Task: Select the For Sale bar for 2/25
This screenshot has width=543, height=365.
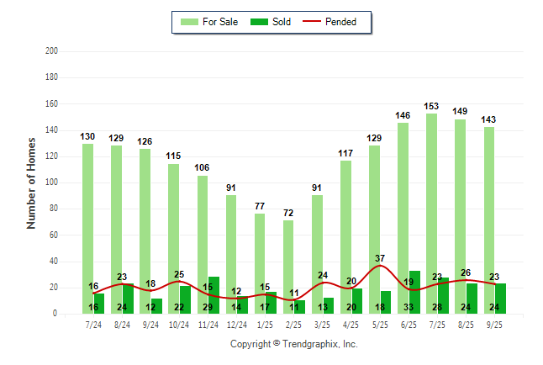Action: click(288, 252)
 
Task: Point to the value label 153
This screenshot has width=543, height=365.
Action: click(431, 106)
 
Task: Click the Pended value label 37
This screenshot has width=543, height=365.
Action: click(381, 258)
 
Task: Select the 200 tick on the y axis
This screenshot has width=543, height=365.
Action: click(51, 51)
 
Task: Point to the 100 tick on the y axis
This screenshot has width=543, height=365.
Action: click(51, 182)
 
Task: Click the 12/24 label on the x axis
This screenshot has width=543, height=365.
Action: click(236, 324)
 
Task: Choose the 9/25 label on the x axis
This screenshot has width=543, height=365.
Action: click(493, 324)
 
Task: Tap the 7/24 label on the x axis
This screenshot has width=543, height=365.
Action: click(93, 324)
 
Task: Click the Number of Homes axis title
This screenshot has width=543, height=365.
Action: click(32, 182)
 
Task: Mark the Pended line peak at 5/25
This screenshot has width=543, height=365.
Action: click(380, 266)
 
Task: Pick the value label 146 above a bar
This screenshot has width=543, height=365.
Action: click(403, 115)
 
